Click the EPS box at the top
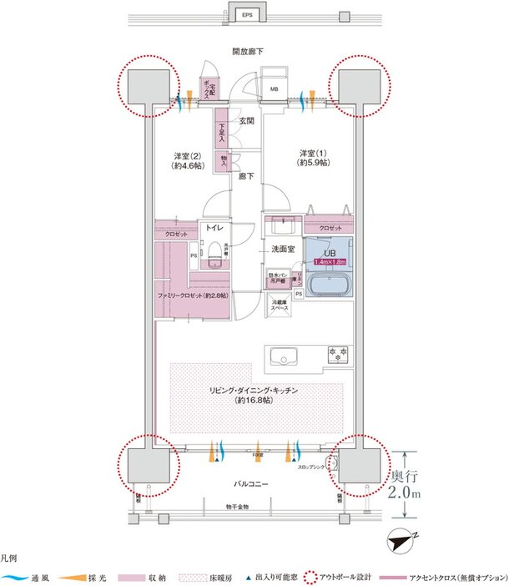click(248, 15)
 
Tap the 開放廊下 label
click(248, 52)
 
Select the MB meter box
click(274, 88)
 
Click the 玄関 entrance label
click(247, 122)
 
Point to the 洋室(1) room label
click(313, 159)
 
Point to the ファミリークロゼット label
click(193, 296)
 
